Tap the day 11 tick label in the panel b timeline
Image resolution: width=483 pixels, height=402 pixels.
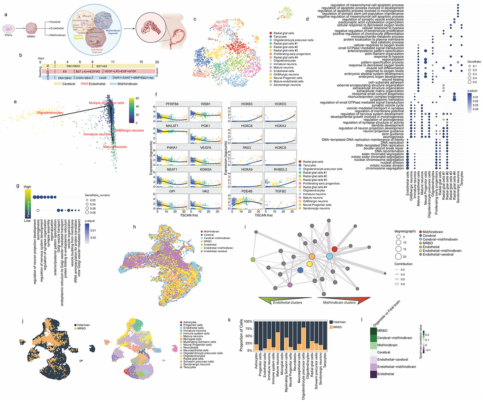(x=113, y=62)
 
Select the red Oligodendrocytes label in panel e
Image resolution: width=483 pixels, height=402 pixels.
(x=50, y=113)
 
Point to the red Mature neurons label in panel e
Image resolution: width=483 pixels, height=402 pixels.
(x=115, y=147)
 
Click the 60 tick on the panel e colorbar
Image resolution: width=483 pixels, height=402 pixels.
(x=137, y=98)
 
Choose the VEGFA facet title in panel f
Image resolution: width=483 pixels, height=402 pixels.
(x=205, y=148)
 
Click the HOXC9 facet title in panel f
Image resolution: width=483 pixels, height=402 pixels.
(x=280, y=148)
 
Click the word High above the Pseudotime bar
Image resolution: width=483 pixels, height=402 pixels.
(x=27, y=187)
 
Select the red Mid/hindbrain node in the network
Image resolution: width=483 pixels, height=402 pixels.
(x=335, y=249)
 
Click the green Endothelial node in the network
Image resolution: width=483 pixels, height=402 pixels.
(x=253, y=260)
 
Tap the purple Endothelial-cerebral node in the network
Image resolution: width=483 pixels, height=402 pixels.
(x=290, y=285)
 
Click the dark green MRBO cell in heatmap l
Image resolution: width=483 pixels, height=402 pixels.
(x=373, y=331)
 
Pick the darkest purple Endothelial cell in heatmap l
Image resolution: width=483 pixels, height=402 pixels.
(x=373, y=374)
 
